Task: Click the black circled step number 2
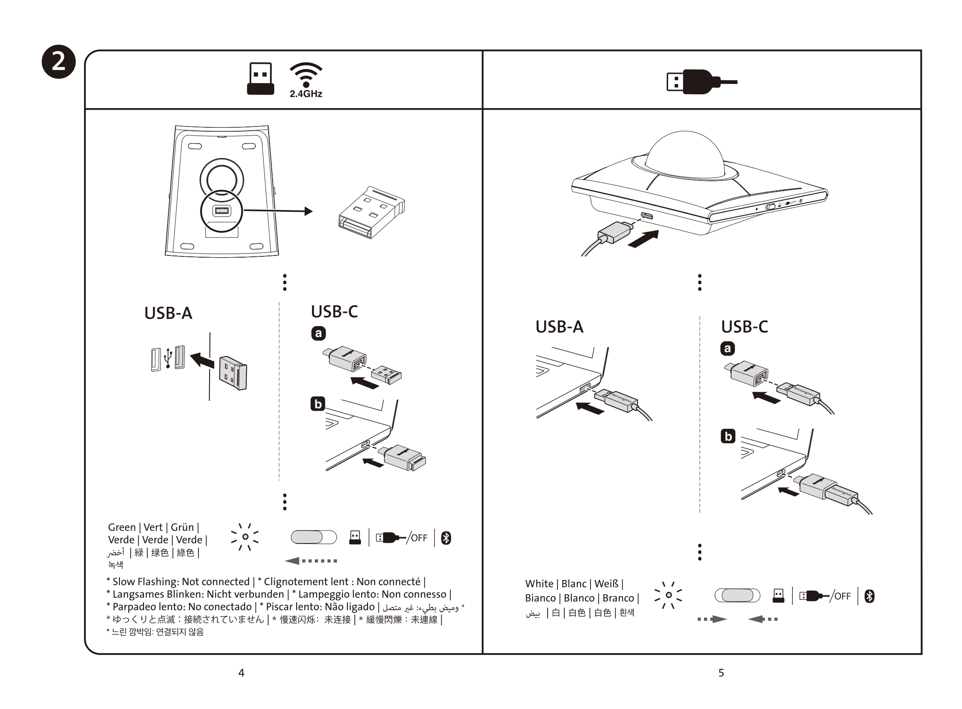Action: (x=59, y=62)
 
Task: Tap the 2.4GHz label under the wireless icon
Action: (x=306, y=94)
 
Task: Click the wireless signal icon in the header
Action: (x=306, y=74)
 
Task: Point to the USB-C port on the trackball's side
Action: (x=647, y=216)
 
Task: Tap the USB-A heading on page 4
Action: (x=168, y=313)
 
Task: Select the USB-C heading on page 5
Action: (x=744, y=327)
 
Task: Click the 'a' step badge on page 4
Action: (x=318, y=333)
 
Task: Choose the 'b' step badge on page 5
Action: (x=728, y=436)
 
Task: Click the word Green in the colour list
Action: (x=122, y=527)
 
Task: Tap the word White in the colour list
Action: (x=539, y=584)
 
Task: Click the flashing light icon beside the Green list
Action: (x=245, y=537)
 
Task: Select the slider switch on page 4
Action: (x=314, y=537)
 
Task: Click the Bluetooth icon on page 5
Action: (x=869, y=596)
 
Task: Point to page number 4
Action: (x=242, y=673)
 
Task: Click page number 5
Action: (x=721, y=673)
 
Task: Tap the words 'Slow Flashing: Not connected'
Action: (x=181, y=582)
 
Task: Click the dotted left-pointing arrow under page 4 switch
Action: (x=311, y=561)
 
